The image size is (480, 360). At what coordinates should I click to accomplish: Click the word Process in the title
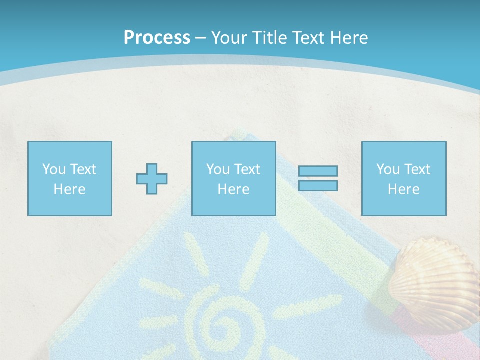157,38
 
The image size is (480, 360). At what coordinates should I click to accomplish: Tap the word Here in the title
348,38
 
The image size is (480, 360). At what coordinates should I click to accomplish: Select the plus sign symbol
152,178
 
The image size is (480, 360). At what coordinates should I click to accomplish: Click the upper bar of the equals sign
318,171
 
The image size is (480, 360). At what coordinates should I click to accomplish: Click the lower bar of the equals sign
318,185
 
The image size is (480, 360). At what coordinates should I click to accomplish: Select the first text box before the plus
69,178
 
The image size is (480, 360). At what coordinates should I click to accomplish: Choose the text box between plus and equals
233,178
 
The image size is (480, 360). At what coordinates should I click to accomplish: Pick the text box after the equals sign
404,178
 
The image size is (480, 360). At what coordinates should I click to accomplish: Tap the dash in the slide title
201,38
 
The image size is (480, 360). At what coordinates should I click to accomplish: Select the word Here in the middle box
233,189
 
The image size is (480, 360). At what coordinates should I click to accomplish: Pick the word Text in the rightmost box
418,169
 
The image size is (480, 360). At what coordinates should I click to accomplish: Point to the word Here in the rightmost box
404,189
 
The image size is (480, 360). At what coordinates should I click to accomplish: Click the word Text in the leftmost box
83,169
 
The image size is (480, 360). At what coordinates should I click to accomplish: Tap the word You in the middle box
217,169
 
